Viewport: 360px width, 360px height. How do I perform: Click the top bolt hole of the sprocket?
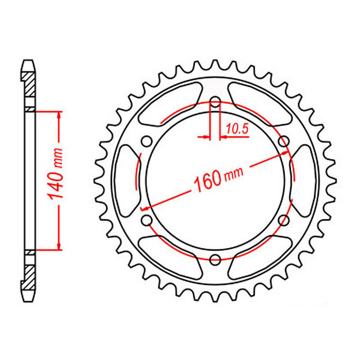pyautogui.click(x=215, y=102)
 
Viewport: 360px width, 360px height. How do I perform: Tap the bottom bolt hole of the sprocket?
pyautogui.click(x=215, y=259)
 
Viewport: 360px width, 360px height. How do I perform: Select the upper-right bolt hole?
pyautogui.click(x=283, y=141)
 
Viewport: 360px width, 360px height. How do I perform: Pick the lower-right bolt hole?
pyautogui.click(x=283, y=219)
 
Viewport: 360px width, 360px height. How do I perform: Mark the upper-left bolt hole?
pyautogui.click(x=147, y=141)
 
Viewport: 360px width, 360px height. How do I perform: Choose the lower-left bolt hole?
pyautogui.click(x=147, y=219)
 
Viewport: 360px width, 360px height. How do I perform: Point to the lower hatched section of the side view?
pyautogui.click(x=31, y=273)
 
